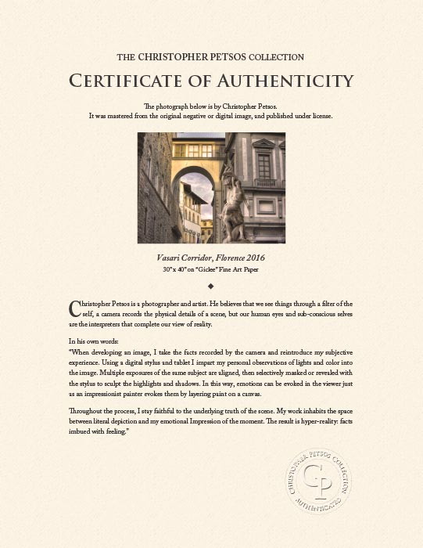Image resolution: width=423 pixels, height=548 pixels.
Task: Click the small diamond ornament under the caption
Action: (211, 286)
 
